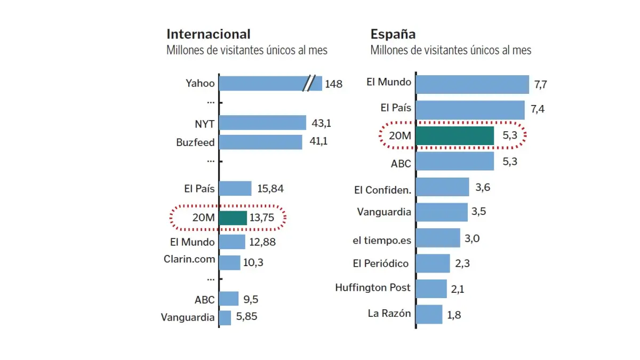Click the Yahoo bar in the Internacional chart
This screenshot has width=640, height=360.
tap(261, 83)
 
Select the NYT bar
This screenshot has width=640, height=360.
tap(262, 123)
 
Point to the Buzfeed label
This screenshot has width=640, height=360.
tap(195, 142)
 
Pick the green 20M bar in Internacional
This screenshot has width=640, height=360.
tap(233, 218)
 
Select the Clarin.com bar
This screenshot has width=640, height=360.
tap(230, 262)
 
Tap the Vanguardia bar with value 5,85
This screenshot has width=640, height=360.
tap(225, 317)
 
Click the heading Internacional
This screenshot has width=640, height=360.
tap(209, 34)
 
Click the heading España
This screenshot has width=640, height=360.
tap(393, 34)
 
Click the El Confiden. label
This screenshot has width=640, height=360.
tap(382, 190)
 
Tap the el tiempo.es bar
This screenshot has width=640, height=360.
tap(438, 238)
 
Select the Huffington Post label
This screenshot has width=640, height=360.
tap(373, 287)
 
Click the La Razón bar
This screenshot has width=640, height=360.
tap(429, 314)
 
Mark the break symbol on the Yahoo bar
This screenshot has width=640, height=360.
tap(309, 83)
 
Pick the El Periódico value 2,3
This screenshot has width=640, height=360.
tap(462, 263)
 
